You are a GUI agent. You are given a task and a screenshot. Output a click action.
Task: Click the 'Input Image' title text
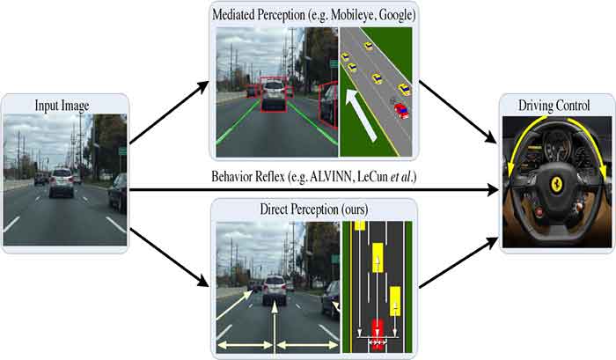click(x=63, y=107)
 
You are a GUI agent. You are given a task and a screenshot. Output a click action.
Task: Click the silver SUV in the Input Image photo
click(x=62, y=181)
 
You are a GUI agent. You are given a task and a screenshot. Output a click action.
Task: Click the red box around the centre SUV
click(x=274, y=97)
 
